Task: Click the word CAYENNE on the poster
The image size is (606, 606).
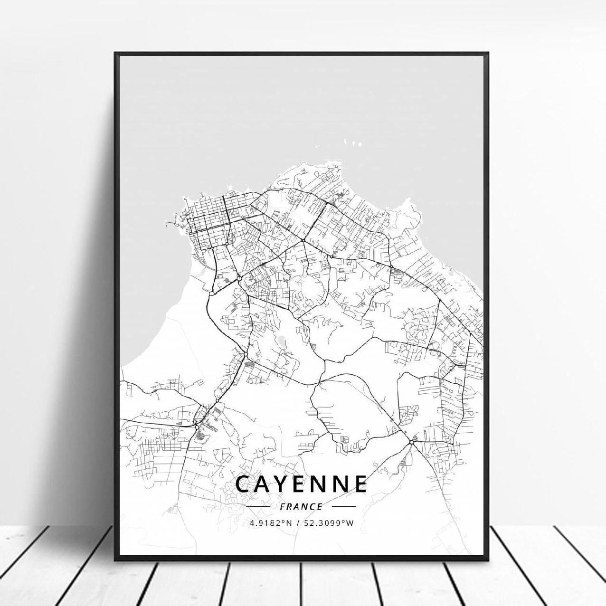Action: coord(301,484)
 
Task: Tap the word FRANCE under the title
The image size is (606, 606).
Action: coord(301,507)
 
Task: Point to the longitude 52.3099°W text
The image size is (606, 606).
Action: coord(330,523)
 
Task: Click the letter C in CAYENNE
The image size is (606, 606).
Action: coord(242,484)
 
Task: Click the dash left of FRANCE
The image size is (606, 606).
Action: coord(259,507)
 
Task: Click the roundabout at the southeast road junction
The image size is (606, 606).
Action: coord(411,442)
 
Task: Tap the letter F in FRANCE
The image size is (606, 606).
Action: coord(283,507)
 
